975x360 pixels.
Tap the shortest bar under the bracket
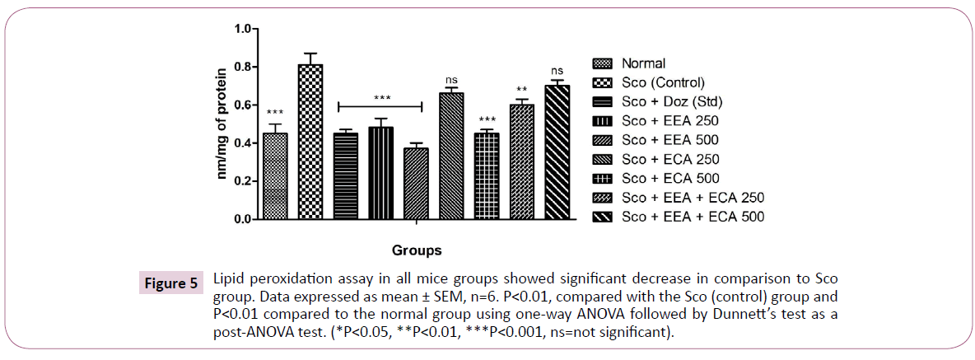tap(416, 184)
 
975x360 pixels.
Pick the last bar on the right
tap(557, 152)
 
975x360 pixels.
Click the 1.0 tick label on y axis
tap(241, 29)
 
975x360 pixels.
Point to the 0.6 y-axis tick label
tap(241, 105)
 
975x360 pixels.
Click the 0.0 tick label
tap(241, 220)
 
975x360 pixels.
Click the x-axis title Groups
tap(416, 250)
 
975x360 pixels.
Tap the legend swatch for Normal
tap(603, 63)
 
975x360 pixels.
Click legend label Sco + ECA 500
tap(671, 179)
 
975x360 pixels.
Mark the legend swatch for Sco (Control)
tap(603, 82)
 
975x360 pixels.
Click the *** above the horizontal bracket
tap(381, 98)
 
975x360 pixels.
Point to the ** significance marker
tap(522, 90)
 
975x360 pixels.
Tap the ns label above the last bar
tap(557, 72)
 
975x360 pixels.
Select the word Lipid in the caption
tap(228, 276)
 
